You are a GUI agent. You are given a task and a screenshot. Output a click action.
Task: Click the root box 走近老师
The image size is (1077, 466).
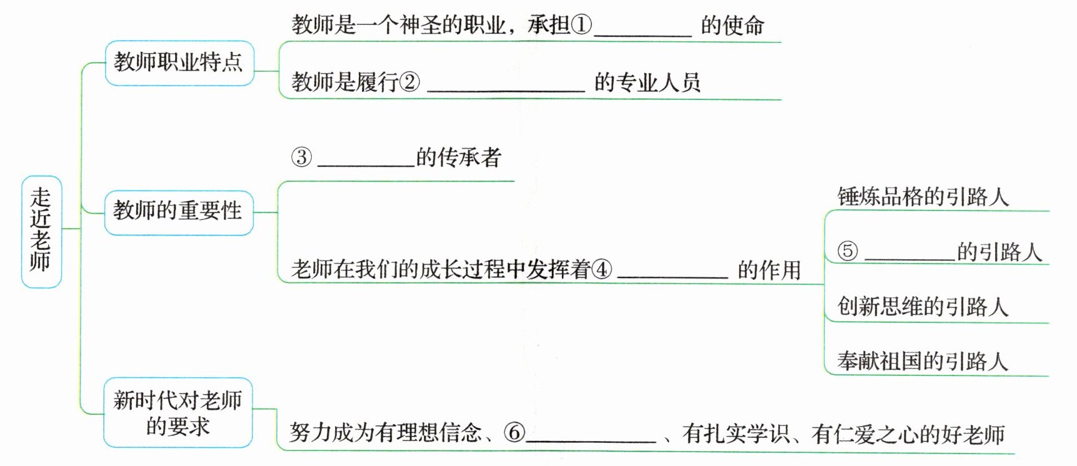pos(41,231)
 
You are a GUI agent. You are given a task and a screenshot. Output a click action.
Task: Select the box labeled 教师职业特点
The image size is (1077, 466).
pos(179,63)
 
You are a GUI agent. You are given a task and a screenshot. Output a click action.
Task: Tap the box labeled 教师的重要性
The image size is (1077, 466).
pos(178,212)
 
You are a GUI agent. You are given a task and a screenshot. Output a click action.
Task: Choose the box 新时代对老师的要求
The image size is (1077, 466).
pos(178,412)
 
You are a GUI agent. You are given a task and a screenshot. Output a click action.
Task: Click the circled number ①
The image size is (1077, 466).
pos(581,25)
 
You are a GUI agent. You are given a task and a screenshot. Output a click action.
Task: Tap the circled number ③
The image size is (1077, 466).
pos(301,157)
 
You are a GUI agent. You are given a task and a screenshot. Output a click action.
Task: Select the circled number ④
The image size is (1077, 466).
pos(603,269)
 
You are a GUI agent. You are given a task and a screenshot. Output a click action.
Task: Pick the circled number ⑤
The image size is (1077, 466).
pos(848,251)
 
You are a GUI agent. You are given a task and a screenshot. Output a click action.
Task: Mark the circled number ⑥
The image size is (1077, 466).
pos(514,432)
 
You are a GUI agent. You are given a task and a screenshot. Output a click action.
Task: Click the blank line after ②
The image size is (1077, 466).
pos(506,89)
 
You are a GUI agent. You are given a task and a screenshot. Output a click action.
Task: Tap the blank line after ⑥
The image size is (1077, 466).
pos(591,439)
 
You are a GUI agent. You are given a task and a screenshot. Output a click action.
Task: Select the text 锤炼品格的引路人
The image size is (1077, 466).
pos(923,197)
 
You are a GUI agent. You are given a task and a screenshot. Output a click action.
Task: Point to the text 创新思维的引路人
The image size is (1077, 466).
pos(923,307)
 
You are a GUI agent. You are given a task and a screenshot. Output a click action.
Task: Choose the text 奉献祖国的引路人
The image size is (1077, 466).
pos(923,361)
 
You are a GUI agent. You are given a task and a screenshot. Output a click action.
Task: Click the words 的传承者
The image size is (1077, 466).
pos(459,157)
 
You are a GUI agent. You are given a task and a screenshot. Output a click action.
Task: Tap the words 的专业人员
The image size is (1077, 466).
pos(647,82)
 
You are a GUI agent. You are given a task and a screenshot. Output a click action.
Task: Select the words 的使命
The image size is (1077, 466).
pos(732,26)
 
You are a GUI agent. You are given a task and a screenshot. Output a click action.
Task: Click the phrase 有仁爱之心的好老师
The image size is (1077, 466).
pos(908,434)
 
